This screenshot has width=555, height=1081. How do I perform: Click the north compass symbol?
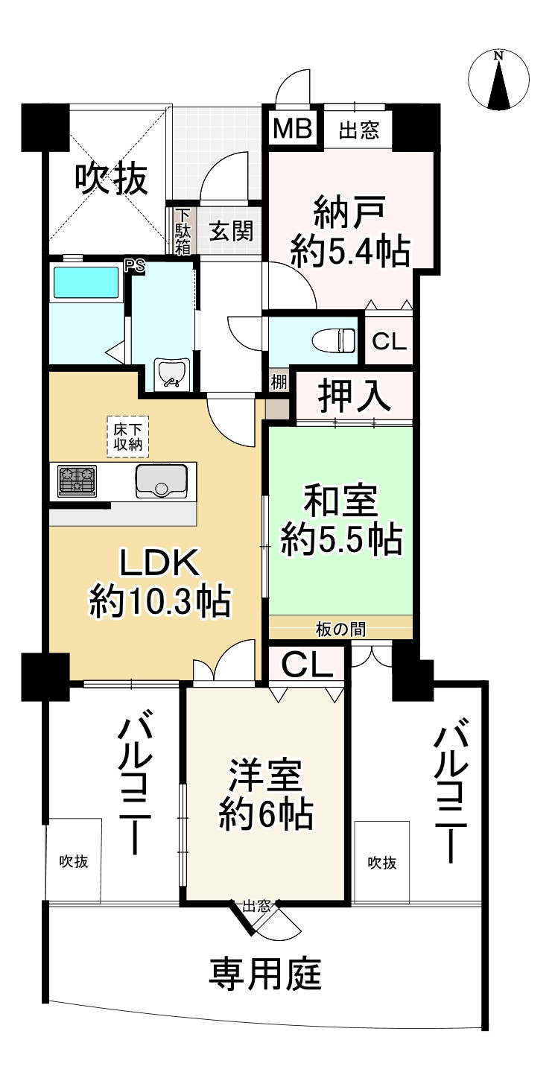coord(500,77)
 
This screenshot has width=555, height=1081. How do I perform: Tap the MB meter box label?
coord(293,129)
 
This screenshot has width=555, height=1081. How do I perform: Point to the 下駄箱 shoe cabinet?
coord(183,231)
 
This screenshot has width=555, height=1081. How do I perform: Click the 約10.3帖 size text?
coord(159,600)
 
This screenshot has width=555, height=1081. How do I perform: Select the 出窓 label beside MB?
coord(359,132)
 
